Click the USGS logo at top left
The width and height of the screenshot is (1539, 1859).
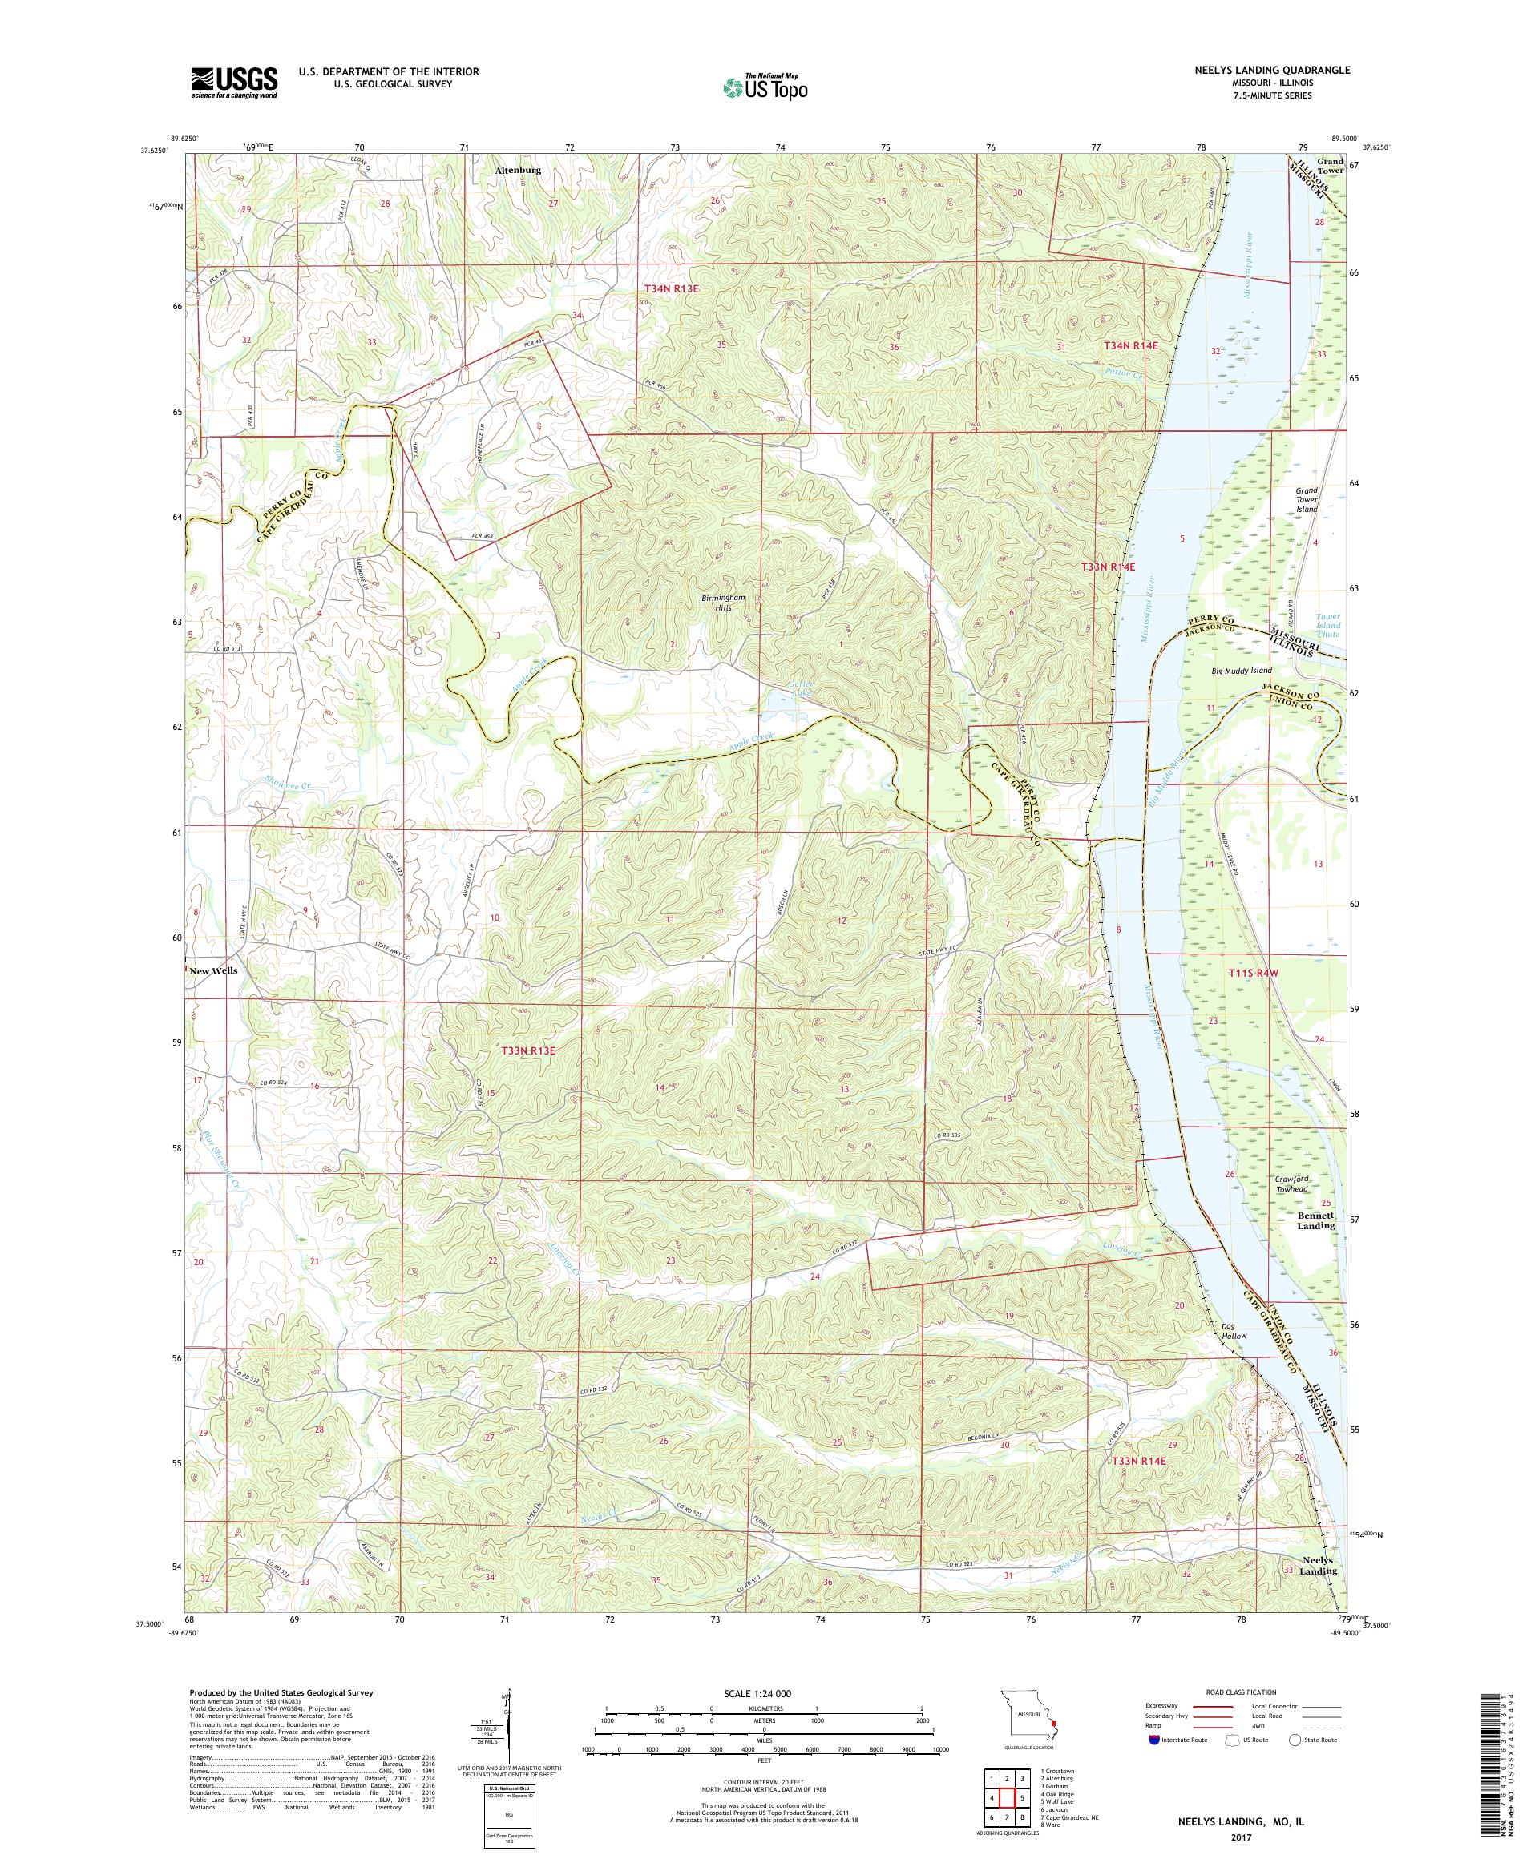[x=234, y=83]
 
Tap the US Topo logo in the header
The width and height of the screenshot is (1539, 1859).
[x=766, y=87]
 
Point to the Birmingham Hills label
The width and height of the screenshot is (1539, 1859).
[x=724, y=603]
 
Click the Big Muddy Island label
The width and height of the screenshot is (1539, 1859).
[x=1242, y=671]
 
